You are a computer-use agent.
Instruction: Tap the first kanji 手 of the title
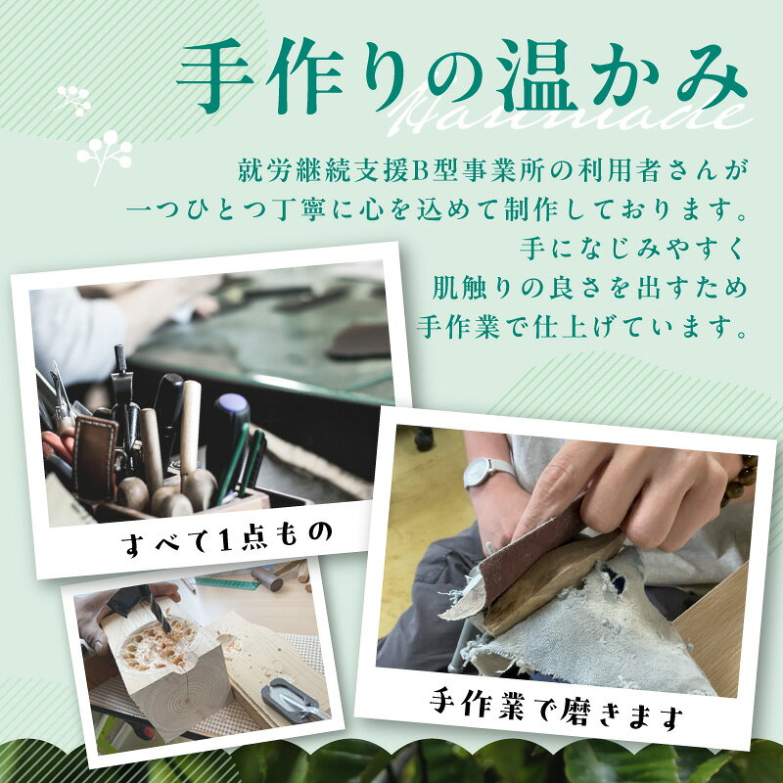(x=215, y=76)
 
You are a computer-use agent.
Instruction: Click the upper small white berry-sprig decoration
(x=74, y=101)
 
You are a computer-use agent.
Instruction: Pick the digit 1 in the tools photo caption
(x=224, y=540)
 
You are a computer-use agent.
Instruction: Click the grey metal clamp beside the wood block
(x=293, y=697)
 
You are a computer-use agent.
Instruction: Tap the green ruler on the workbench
(x=226, y=582)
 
